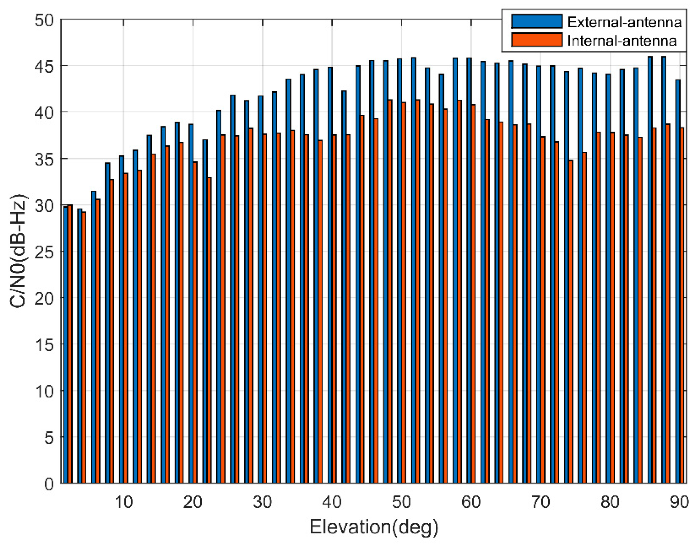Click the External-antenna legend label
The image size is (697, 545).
(x=624, y=22)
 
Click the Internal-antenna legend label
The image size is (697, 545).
(x=622, y=41)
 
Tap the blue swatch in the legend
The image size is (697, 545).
(x=536, y=21)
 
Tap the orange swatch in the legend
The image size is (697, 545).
(x=536, y=40)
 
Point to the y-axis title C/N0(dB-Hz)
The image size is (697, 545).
(x=18, y=250)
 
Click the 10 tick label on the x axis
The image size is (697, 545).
(x=123, y=502)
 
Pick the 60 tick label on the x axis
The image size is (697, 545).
(x=471, y=502)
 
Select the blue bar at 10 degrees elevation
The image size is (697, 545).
(x=122, y=319)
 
